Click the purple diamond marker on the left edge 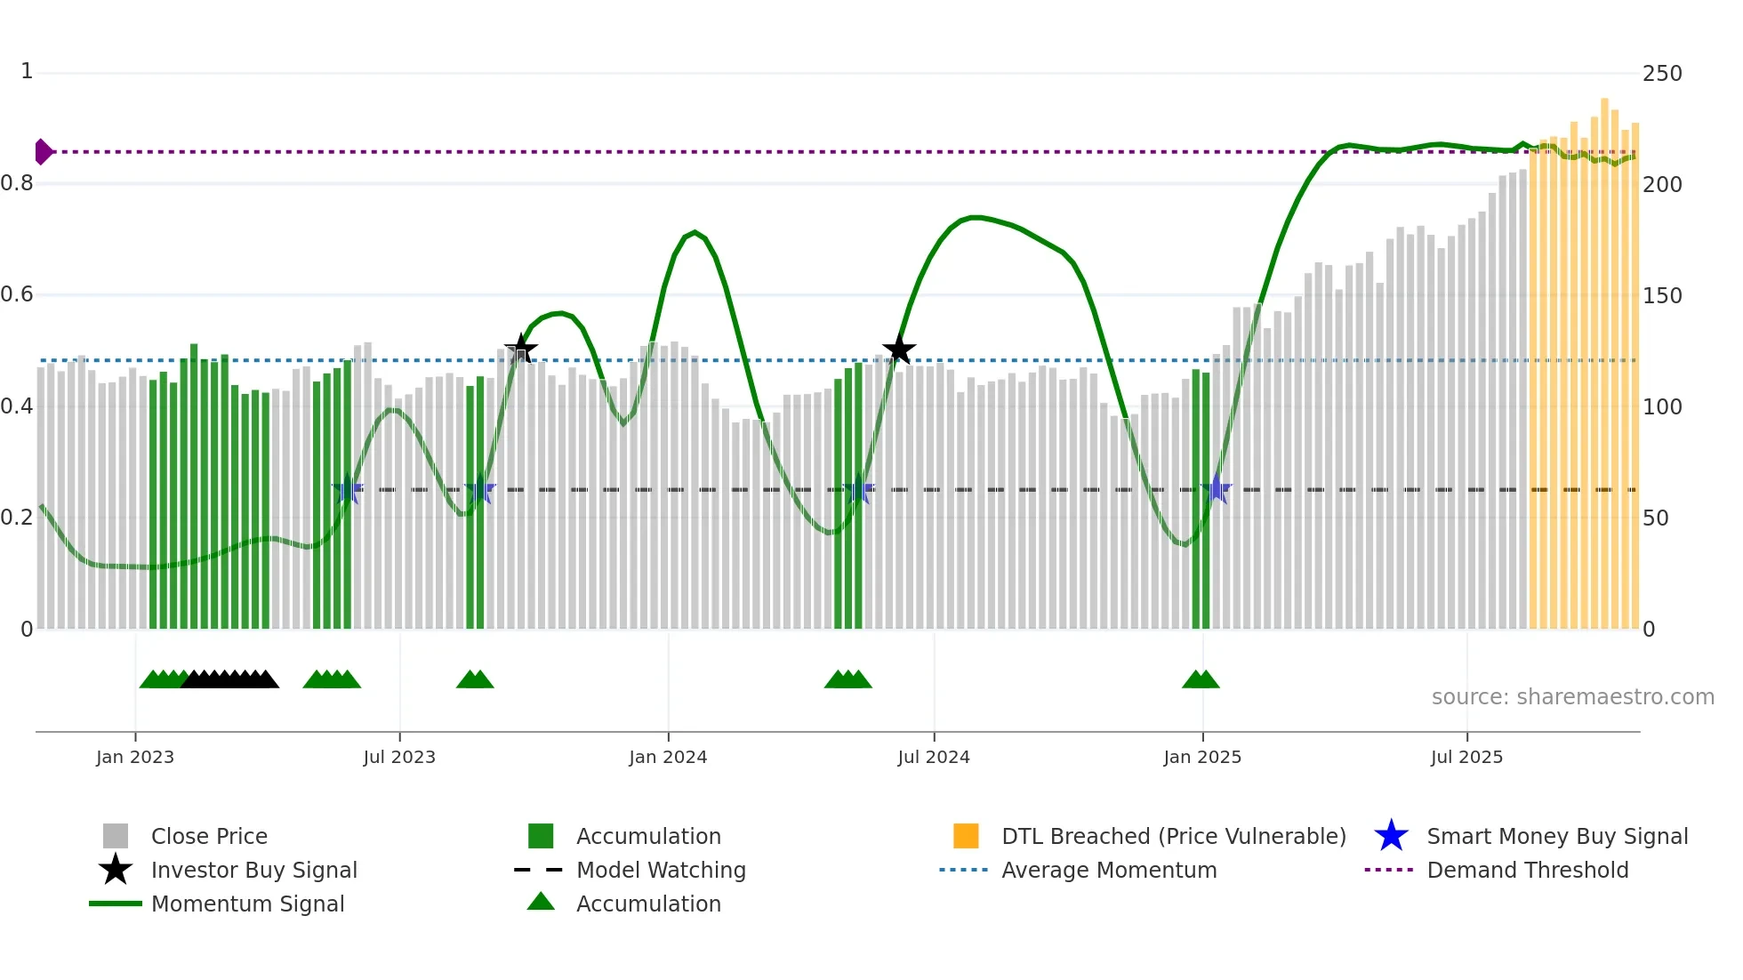click(x=43, y=152)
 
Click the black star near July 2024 click(x=899, y=349)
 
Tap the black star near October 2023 click(x=521, y=349)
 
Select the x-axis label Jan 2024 click(x=668, y=757)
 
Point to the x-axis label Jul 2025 click(x=1466, y=757)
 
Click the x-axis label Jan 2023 click(x=135, y=757)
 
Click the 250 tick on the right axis click(x=1662, y=74)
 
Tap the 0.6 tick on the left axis click(x=18, y=294)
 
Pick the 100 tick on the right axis click(x=1662, y=407)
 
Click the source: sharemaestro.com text click(x=1572, y=697)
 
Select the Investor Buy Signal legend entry click(x=253, y=870)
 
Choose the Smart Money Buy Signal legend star click(x=1391, y=836)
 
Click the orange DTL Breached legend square click(x=966, y=836)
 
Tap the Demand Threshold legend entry click(x=1527, y=870)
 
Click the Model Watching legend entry click(x=660, y=870)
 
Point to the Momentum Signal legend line click(x=116, y=904)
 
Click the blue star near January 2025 click(x=1217, y=489)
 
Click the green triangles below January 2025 click(x=1201, y=679)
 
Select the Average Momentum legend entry click(x=1108, y=870)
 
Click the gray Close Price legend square click(x=116, y=836)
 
